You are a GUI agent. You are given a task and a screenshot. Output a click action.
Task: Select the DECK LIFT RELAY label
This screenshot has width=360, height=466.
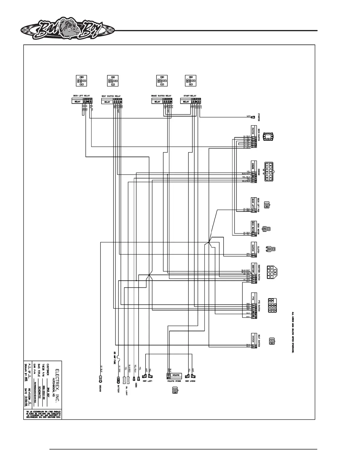point(81,96)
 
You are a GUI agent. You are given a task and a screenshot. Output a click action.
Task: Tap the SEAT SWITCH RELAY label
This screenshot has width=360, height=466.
point(111,96)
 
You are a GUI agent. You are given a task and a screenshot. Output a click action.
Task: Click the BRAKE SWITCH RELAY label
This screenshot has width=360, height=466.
point(161,96)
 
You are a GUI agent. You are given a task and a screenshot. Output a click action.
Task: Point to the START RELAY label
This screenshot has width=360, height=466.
point(190,96)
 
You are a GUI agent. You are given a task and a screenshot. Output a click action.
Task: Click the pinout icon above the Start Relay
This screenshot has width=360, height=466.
point(191,81)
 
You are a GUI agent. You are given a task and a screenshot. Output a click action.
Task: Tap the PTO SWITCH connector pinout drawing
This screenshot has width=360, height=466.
point(272,306)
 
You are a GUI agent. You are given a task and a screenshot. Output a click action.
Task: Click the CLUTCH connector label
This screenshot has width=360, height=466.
point(259,250)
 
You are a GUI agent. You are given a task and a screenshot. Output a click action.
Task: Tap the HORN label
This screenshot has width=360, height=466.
point(136,384)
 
